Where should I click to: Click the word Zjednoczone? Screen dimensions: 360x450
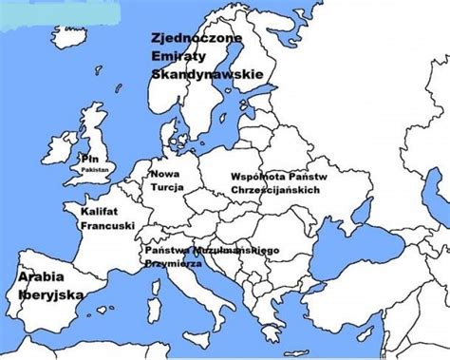click(x=197, y=39)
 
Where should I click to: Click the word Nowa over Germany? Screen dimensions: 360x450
click(x=165, y=175)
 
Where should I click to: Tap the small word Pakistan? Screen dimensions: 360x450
click(x=96, y=168)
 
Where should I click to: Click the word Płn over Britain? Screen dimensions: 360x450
click(x=90, y=158)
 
